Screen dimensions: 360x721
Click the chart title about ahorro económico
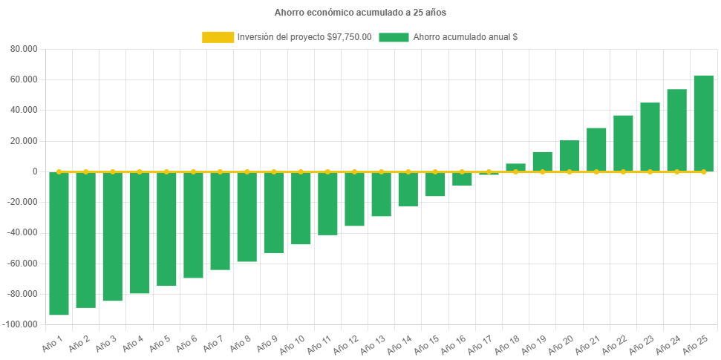[360, 13]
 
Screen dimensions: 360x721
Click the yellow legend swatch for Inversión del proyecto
[218, 37]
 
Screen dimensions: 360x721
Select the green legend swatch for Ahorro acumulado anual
[394, 37]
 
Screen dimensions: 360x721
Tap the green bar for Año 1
[59, 243]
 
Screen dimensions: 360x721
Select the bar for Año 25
[703, 123]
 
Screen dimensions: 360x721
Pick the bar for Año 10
[301, 208]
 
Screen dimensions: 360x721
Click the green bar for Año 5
[166, 229]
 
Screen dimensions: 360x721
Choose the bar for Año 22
[623, 143]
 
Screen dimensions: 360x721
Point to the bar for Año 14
[408, 189]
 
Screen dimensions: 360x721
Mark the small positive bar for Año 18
[515, 167]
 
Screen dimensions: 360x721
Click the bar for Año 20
[570, 155]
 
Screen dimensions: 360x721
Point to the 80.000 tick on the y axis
[25, 49]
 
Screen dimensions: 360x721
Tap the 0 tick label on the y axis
[35, 171]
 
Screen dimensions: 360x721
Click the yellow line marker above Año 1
[59, 171]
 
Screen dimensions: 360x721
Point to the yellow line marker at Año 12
[354, 171]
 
